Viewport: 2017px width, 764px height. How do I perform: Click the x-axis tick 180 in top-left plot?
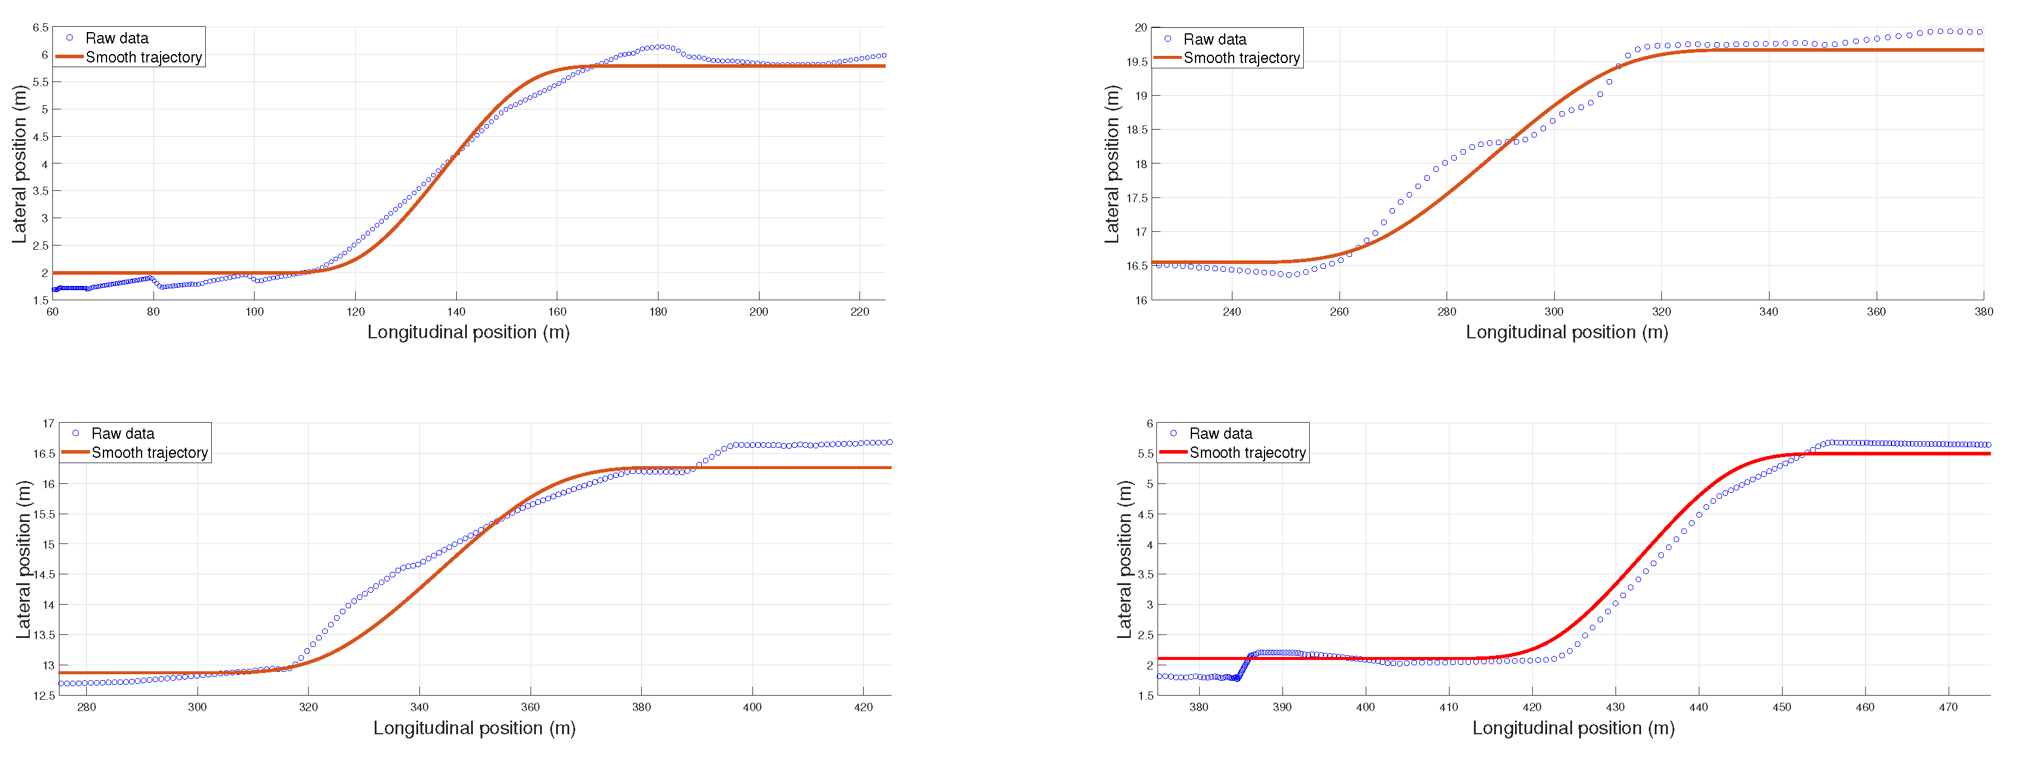[x=658, y=312]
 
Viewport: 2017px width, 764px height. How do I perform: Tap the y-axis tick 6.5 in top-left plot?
[x=40, y=27]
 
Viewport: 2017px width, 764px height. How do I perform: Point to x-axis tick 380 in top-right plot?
[x=1983, y=312]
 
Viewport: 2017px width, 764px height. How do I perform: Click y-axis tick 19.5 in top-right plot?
[x=1137, y=62]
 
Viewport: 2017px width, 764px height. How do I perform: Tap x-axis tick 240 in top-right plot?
[x=1232, y=312]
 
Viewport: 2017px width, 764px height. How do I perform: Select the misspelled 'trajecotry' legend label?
[x=1247, y=452]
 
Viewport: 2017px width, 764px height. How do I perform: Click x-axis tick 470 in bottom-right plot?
[x=1948, y=707]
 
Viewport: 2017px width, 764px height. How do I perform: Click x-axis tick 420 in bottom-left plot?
[x=863, y=707]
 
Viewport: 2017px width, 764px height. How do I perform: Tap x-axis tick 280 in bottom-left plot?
[x=86, y=707]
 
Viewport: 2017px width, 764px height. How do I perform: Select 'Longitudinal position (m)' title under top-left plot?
[x=468, y=332]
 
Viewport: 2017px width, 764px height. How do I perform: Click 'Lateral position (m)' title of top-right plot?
[x=1112, y=164]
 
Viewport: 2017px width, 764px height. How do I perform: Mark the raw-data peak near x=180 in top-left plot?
[x=661, y=47]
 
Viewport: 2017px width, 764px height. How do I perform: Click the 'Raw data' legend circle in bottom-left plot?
[x=76, y=433]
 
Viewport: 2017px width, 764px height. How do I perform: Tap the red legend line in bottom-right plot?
[x=1173, y=452]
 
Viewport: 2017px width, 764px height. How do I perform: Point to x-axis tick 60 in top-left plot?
[x=52, y=312]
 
